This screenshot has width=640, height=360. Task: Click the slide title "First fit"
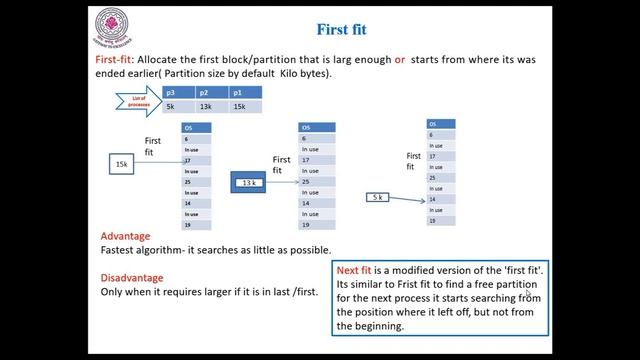coord(345,29)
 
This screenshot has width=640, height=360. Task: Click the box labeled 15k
coord(121,161)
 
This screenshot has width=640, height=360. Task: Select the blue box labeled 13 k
coord(250,183)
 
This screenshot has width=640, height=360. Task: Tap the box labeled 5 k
coord(376,198)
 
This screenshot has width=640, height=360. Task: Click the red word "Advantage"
coord(126,236)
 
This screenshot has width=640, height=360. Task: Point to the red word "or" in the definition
coord(399,60)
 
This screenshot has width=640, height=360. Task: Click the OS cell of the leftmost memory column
coord(194,128)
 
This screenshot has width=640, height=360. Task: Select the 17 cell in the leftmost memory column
coord(194,160)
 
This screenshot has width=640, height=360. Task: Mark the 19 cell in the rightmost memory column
coord(440,221)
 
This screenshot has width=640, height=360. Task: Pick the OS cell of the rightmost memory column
coord(440,124)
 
